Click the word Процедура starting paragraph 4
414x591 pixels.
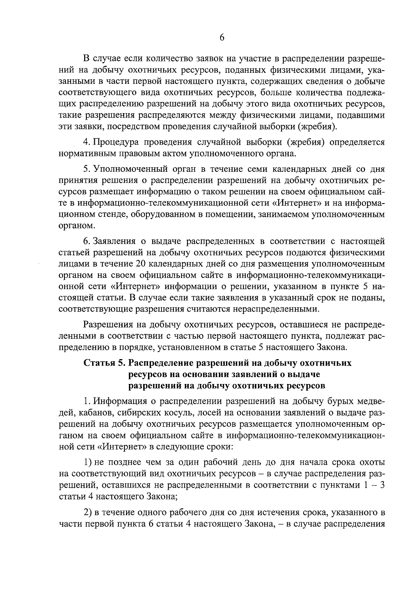(118, 142)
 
